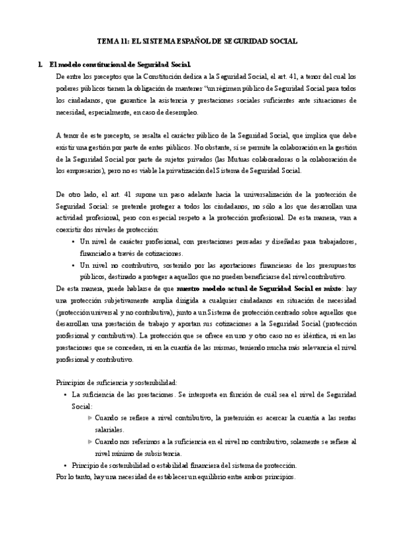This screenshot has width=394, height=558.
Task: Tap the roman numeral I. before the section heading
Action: pos(41,64)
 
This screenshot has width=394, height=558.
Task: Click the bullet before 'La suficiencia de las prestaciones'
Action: pos(64,394)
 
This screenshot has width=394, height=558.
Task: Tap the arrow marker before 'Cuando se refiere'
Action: pos(90,417)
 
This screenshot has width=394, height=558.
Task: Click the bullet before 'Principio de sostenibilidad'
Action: pos(64,465)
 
